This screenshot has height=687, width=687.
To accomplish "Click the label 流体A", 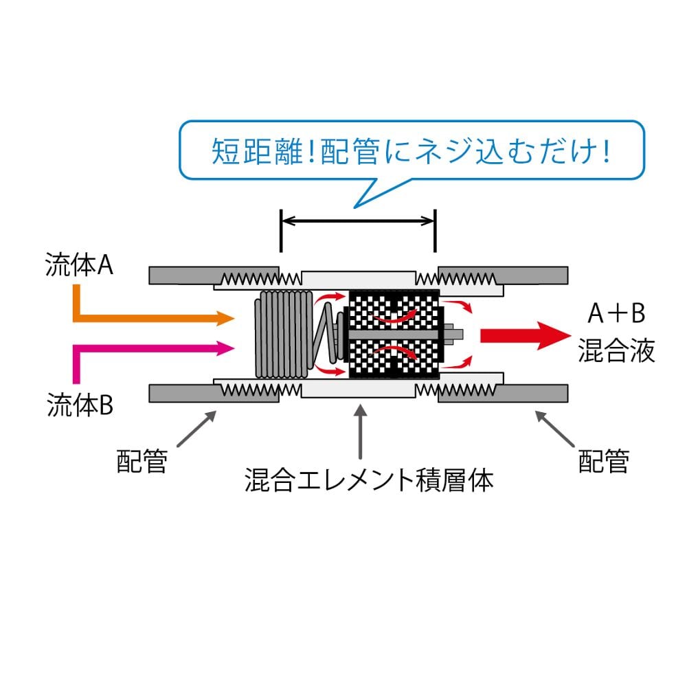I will pos(80,266).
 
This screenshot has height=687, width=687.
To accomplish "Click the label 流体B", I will pos(80,405).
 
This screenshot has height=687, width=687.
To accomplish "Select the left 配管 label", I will pos(142,461).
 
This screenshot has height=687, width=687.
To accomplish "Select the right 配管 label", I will pos(603,461).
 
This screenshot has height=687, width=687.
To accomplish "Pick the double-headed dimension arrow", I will pos(358,221).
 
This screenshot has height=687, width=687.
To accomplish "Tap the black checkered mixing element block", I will pos(394,335).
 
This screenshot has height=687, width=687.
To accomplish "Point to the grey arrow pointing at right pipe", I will pos(556,428).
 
